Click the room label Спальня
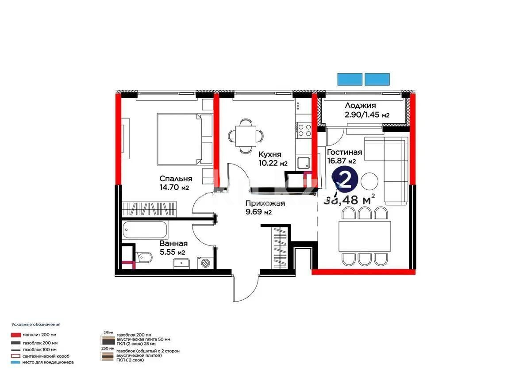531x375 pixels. (x=176, y=179)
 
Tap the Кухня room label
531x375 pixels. (x=270, y=154)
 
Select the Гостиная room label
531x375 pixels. (x=344, y=152)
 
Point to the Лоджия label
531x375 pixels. (x=360, y=105)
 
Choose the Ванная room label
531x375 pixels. (x=173, y=243)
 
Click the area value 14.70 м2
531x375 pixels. (x=174, y=187)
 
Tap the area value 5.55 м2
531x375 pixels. (x=172, y=252)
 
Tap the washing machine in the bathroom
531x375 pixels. (x=206, y=263)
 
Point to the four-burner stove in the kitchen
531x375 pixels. (x=304, y=130)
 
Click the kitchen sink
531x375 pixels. (x=304, y=163)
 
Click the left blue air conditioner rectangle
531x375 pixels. (x=350, y=79)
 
